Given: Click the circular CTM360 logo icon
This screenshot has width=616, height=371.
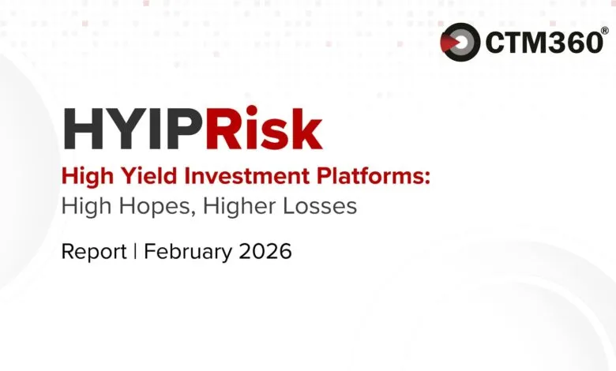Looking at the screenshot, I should point(460,41).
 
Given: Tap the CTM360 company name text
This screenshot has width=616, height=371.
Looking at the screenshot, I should point(543,42).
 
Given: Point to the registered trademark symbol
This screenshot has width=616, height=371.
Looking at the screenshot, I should point(605,31).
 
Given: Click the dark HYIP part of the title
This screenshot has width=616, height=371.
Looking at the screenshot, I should point(131,128).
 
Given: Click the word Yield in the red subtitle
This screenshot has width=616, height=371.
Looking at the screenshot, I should point(130,177).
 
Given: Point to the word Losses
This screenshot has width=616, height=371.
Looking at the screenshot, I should point(318,207).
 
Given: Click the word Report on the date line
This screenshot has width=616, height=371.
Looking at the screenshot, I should point(94,252).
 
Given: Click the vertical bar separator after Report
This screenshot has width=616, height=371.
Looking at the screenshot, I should point(135,252).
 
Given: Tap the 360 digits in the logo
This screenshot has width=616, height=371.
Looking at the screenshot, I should point(573,42).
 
